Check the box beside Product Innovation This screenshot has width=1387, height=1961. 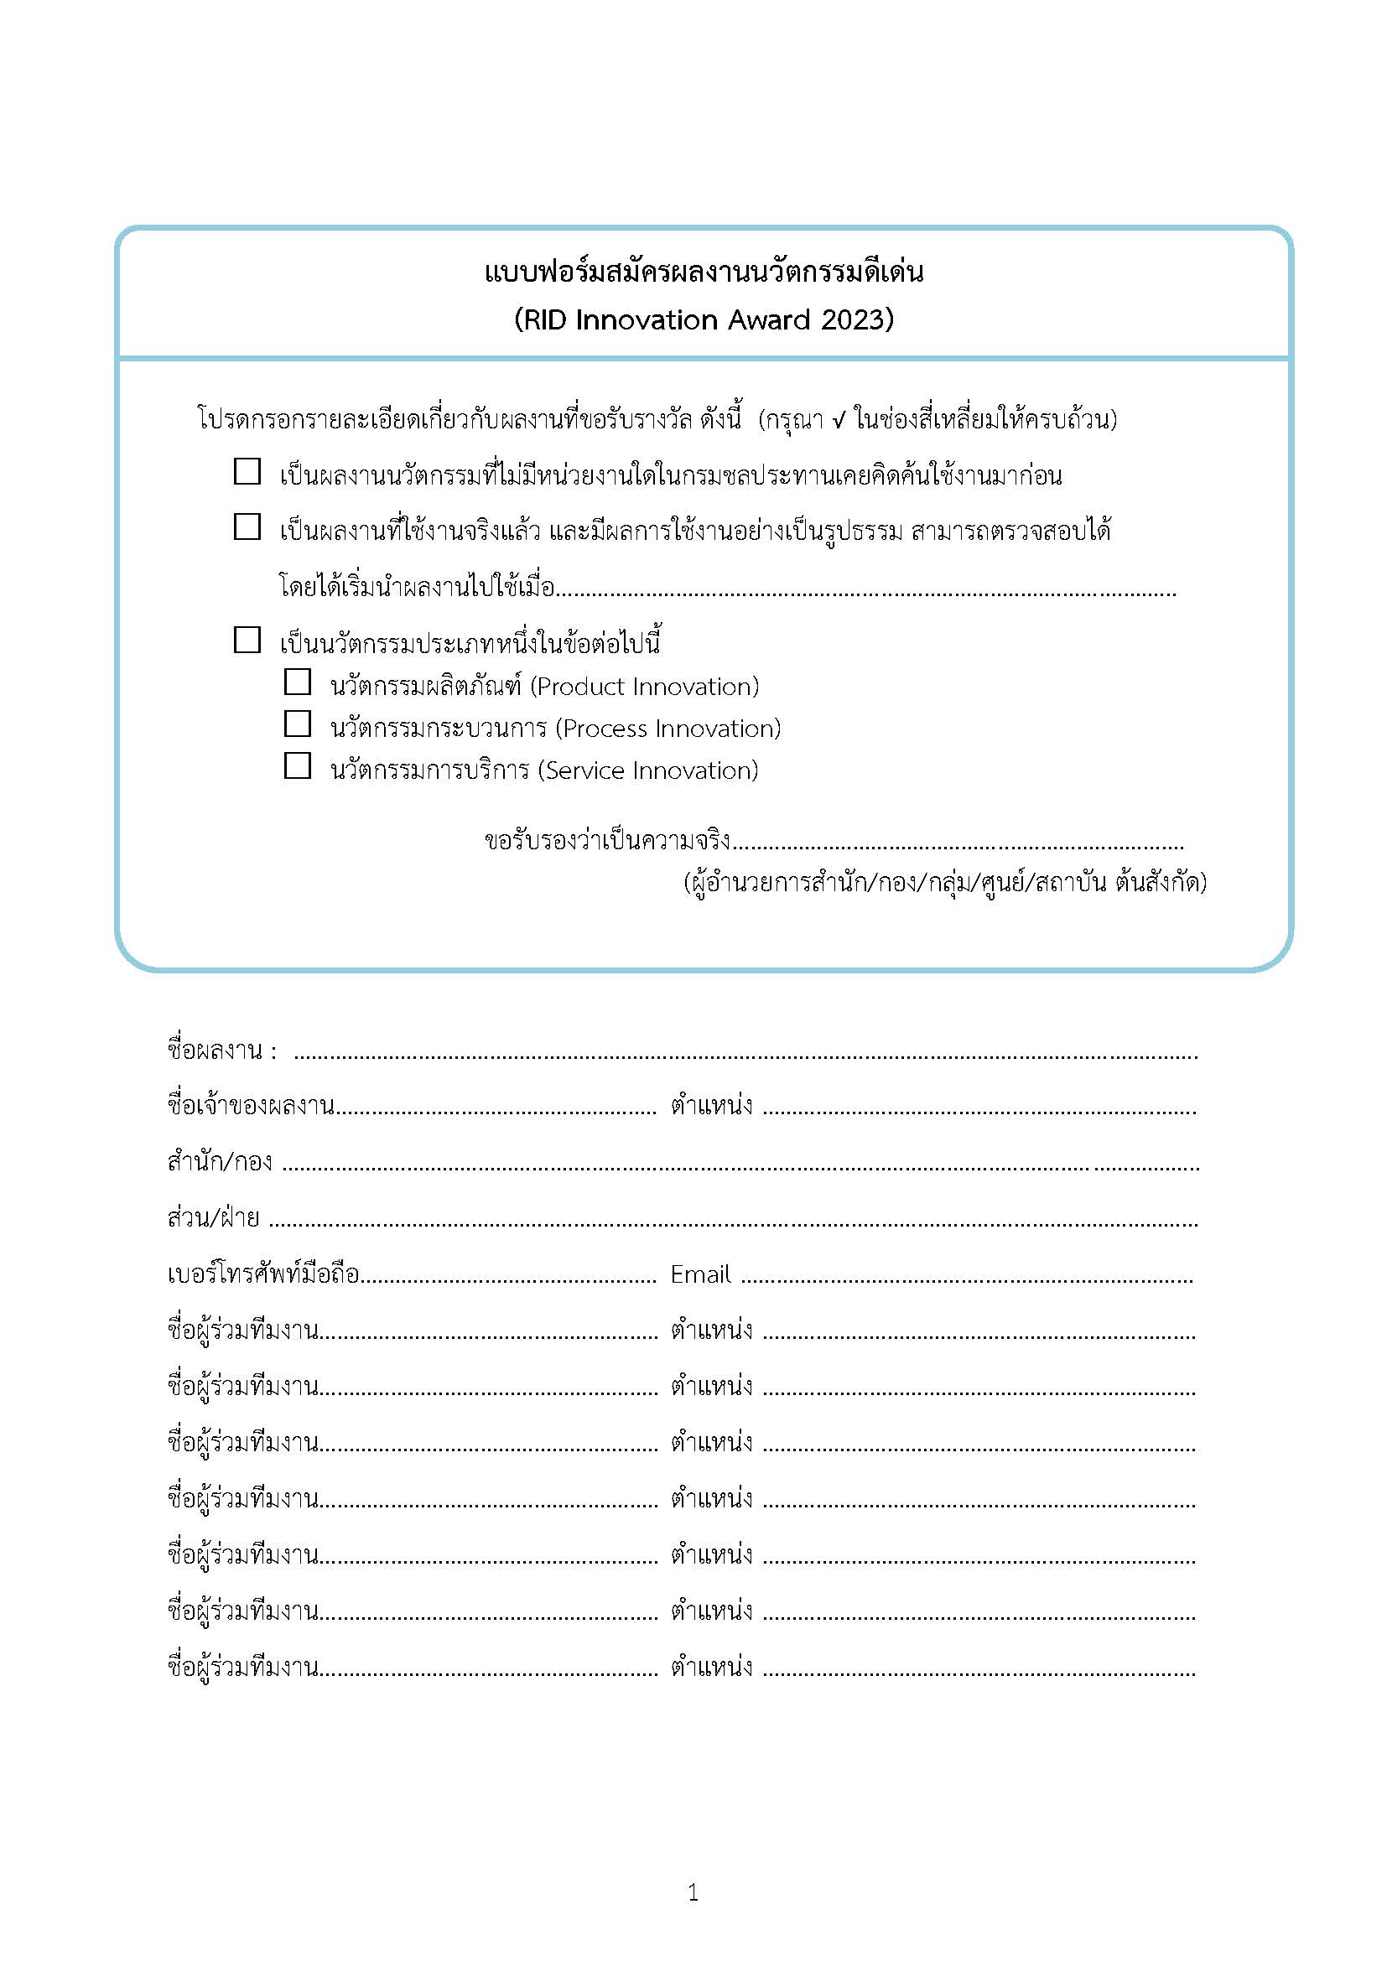point(297,682)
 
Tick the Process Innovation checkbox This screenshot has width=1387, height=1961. point(297,724)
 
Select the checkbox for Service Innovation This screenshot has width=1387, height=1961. point(297,766)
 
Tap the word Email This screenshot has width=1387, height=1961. point(700,1275)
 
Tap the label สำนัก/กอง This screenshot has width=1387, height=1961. point(220,1162)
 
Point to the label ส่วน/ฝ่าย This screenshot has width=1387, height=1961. point(213,1218)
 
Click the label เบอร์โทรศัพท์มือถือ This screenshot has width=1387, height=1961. point(263,1275)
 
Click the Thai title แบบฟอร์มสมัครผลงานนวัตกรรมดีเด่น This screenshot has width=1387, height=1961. point(704,272)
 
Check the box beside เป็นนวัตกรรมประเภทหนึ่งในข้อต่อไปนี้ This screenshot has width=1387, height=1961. point(247,641)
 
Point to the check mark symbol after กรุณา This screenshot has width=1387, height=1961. point(838,420)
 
